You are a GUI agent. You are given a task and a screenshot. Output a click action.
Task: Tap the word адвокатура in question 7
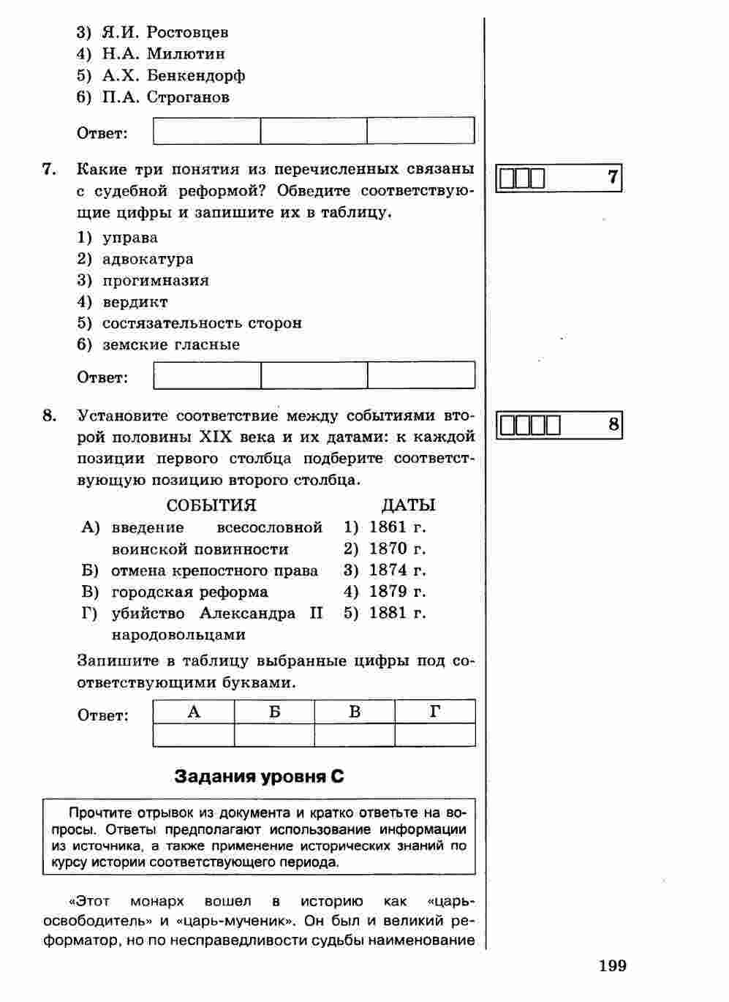pos(148,259)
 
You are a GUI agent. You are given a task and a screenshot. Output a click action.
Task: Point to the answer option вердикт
pos(135,301)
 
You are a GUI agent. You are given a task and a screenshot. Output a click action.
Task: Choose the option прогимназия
pos(155,280)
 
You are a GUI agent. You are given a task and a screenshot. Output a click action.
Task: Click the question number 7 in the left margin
pos(49,169)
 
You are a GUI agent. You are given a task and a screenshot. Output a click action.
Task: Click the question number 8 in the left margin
pos(49,415)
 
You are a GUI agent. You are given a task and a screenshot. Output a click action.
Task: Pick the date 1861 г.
pos(397,527)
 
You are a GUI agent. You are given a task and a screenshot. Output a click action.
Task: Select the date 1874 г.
pos(397,570)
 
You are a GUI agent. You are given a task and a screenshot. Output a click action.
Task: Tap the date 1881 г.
pos(397,613)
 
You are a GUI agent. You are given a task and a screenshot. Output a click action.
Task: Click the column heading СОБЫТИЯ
pos(211,505)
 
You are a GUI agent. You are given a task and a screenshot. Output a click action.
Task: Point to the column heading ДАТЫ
pos(408,505)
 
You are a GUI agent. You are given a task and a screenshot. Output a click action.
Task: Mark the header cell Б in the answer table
pos(274,712)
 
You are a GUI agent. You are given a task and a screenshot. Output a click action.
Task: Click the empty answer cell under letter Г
pos(435,734)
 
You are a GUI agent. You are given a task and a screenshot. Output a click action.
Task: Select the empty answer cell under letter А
pos(194,734)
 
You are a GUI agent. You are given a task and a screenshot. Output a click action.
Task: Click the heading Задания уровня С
pos(259,777)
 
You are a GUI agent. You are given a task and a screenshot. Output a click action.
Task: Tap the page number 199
pos(612,966)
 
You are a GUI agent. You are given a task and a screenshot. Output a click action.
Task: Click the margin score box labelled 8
pos(559,425)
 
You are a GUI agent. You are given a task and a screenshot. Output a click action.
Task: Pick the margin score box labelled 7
pos(559,178)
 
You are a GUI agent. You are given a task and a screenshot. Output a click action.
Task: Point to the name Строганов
pos(188,97)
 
